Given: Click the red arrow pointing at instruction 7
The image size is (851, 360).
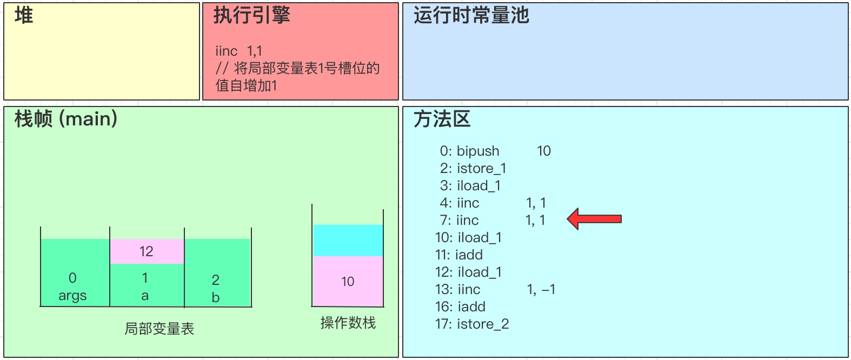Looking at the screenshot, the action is (x=595, y=219).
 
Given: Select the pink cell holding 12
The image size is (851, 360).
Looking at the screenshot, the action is (x=147, y=251).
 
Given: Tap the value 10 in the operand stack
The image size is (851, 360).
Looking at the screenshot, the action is (x=348, y=282).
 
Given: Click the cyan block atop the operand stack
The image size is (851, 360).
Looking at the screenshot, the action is (x=348, y=241).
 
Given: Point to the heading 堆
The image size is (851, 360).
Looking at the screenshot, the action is (x=24, y=16).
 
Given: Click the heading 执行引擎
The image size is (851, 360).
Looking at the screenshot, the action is (x=251, y=16).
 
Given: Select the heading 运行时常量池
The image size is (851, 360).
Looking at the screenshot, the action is (x=471, y=16).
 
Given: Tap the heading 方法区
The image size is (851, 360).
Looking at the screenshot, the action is (x=442, y=119).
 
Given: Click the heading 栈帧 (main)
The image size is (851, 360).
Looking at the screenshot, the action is (x=66, y=119).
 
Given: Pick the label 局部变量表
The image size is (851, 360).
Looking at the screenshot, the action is (x=159, y=329).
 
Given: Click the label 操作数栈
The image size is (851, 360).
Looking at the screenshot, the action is (x=348, y=323).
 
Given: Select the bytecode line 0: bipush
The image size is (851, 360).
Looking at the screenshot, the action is (x=469, y=151).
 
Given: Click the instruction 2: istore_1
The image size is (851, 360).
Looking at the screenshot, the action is (x=473, y=168).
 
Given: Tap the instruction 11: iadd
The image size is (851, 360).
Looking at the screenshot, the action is (x=459, y=255).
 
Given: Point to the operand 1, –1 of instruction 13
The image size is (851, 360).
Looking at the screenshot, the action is (x=541, y=289).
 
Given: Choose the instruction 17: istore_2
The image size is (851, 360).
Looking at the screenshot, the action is (x=472, y=324).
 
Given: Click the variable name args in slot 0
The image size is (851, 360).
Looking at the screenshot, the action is (x=72, y=296).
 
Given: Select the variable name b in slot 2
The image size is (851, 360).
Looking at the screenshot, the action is (x=216, y=297).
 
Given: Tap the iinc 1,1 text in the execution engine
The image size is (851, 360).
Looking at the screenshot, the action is (x=238, y=51).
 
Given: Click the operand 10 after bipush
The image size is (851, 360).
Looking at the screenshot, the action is (x=543, y=151).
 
